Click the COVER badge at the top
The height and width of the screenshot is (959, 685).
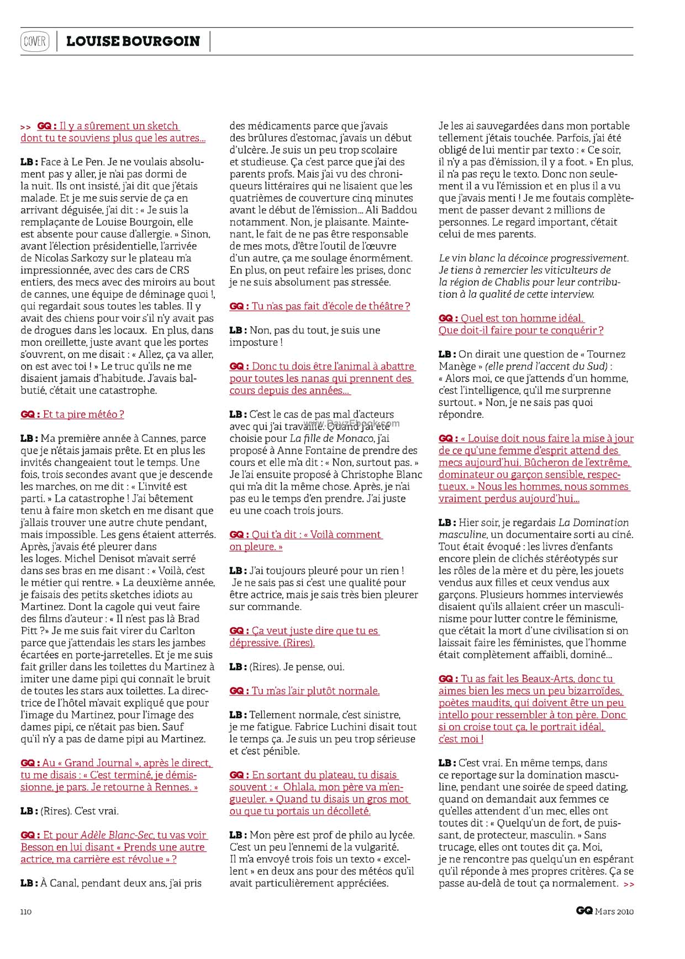click(x=34, y=41)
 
